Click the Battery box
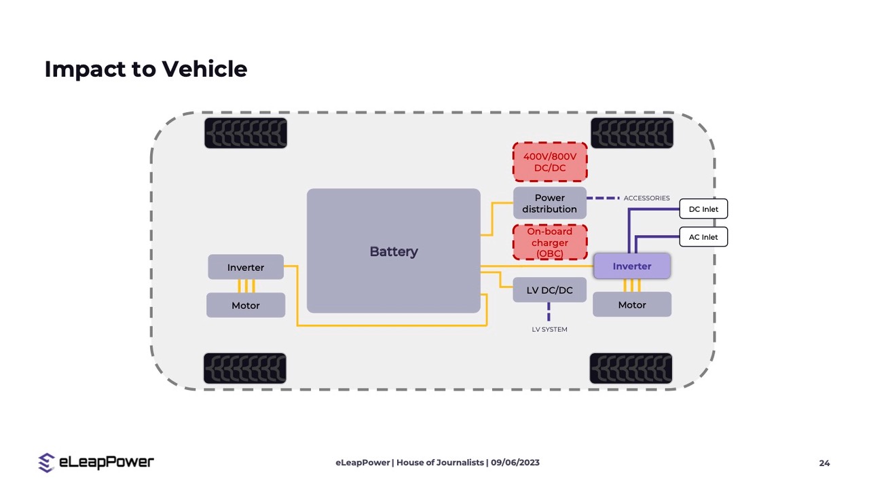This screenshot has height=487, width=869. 393,251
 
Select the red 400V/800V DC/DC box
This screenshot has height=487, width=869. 549,162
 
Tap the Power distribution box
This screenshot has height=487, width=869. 549,203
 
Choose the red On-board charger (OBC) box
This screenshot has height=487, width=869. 549,242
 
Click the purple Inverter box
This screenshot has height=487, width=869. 631,266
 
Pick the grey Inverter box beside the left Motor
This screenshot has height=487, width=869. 245,267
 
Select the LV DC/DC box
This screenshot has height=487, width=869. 549,290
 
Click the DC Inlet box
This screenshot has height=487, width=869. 703,209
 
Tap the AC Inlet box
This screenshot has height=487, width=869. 703,237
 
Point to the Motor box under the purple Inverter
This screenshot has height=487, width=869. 631,305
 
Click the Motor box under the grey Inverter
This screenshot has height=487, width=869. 245,306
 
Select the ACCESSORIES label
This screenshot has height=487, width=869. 646,198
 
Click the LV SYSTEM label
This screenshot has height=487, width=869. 549,329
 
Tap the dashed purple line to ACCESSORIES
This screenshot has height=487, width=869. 603,198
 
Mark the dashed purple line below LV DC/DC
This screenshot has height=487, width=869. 549,312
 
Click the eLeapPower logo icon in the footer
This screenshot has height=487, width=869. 46,463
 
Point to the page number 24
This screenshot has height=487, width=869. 824,463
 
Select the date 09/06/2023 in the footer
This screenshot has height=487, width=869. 515,463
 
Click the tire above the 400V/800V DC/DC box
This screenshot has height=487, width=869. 631,132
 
